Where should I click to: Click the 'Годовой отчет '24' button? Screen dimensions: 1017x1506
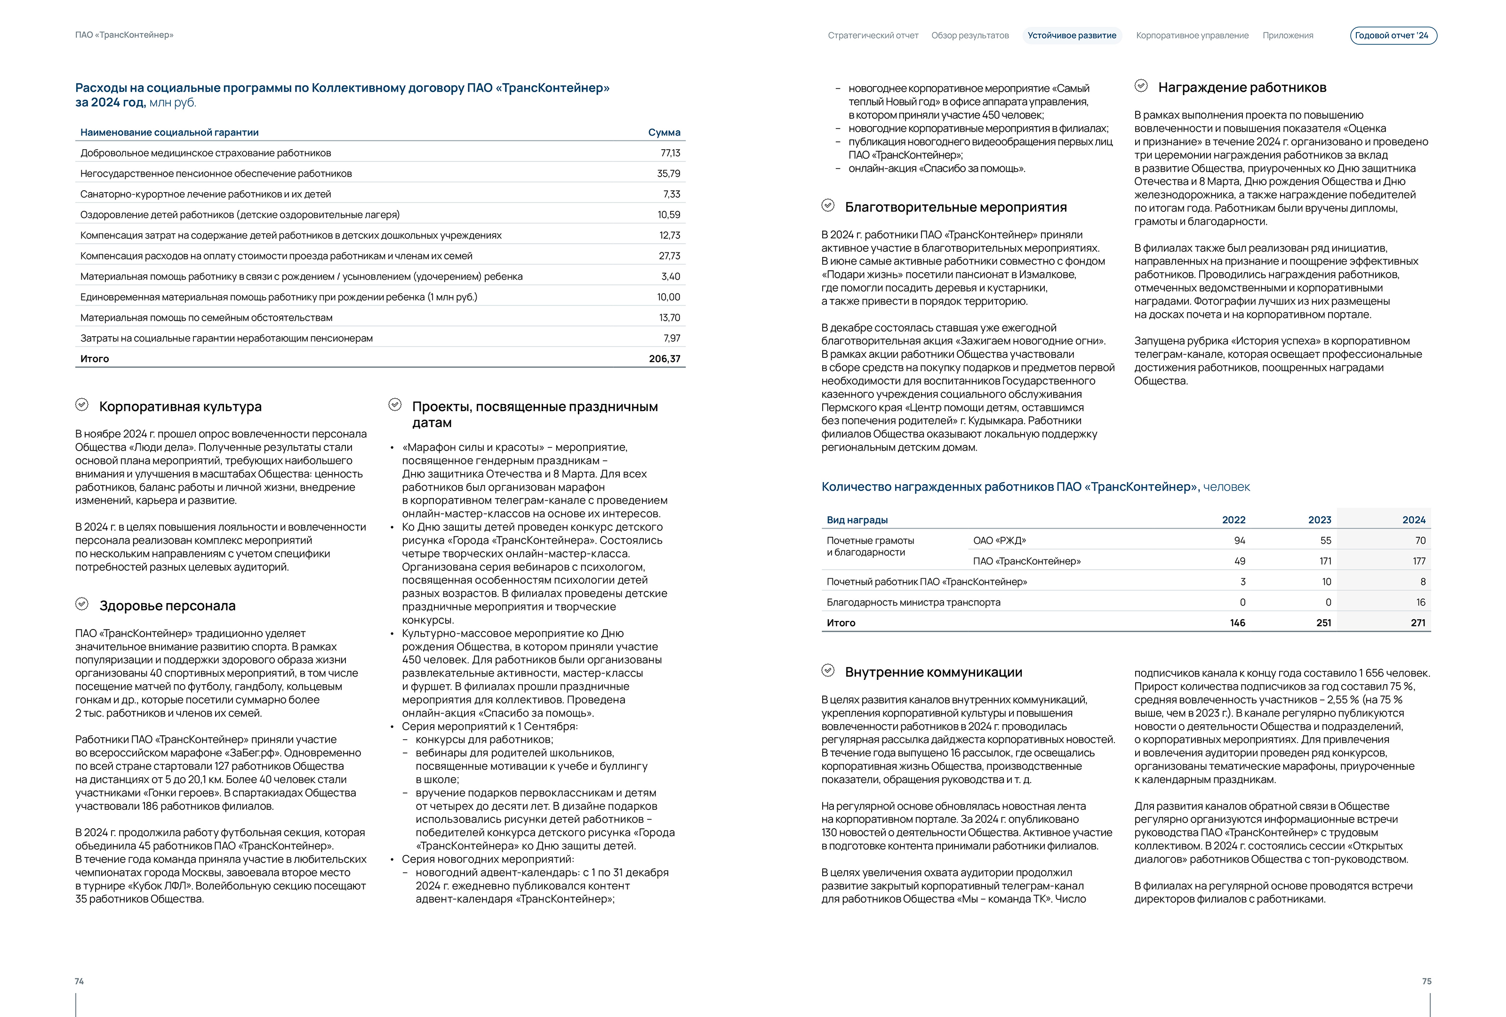[x=1393, y=36]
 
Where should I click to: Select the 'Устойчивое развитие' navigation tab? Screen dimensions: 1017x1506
[x=1072, y=36]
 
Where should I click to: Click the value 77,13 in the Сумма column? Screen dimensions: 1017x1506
[x=670, y=153]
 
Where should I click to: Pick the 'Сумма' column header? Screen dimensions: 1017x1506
[x=664, y=132]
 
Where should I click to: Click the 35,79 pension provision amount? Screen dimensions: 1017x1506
[x=668, y=174]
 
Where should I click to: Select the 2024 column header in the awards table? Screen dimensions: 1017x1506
[x=1413, y=520]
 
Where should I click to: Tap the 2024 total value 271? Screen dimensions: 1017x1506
[x=1418, y=623]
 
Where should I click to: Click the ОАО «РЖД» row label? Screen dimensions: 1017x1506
[x=999, y=541]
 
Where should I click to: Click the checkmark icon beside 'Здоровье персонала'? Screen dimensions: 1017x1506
[x=81, y=604]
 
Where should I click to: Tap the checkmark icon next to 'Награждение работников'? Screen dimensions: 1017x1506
[x=1141, y=86]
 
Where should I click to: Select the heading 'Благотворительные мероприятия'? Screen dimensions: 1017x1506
[x=955, y=208]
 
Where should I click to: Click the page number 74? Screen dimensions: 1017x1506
[x=79, y=981]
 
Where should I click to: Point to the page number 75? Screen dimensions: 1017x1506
[x=1426, y=981]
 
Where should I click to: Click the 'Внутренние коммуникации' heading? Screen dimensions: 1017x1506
[x=933, y=672]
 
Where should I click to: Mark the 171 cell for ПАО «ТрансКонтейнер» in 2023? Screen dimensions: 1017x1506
[x=1325, y=561]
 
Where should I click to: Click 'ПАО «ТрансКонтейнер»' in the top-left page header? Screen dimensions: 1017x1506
[x=124, y=35]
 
